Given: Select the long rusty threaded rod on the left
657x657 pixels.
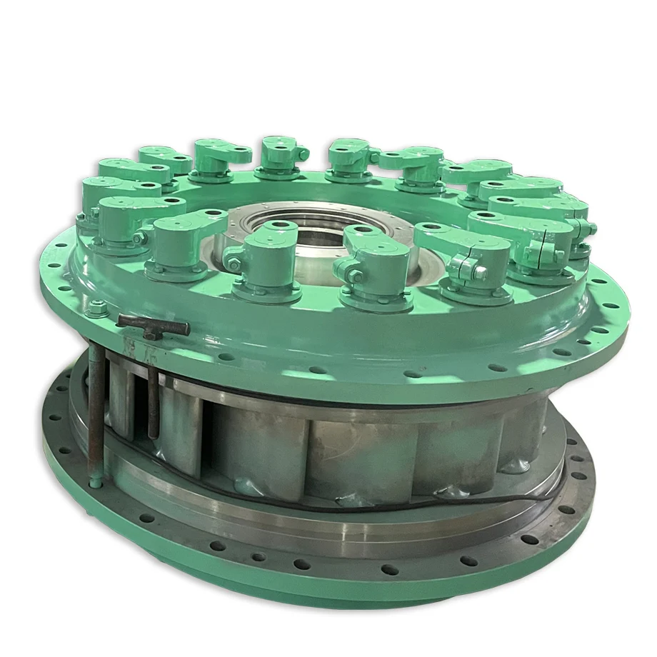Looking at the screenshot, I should pyautogui.click(x=95, y=414).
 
